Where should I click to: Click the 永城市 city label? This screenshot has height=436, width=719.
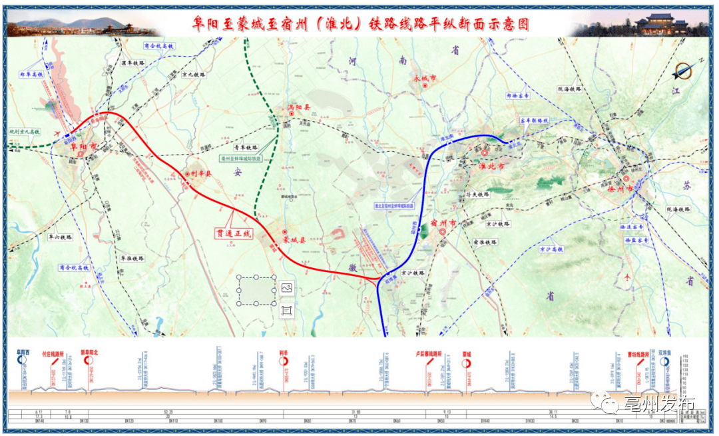coord(425,78)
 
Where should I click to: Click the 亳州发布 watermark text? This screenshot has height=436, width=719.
coord(658,403)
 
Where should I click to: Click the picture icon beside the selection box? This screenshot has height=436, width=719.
coord(287,287)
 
